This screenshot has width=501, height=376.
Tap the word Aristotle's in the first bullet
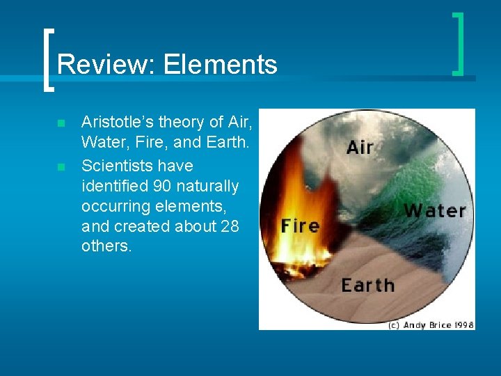tap(116, 123)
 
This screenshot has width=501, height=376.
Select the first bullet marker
tap(61, 123)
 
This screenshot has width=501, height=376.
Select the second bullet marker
tap(61, 167)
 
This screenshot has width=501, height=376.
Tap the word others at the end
tap(106, 247)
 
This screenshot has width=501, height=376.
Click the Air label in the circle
tap(360, 148)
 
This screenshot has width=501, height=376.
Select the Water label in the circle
tap(435, 210)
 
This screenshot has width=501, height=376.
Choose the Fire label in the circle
tap(300, 226)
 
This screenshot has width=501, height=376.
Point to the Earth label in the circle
tap(367, 285)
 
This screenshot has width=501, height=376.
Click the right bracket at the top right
tap(458, 43)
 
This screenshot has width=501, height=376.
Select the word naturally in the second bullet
tap(207, 187)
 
